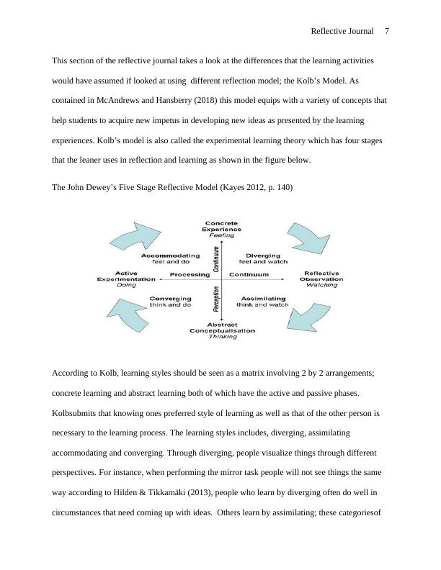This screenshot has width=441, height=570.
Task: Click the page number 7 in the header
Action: [x=387, y=31]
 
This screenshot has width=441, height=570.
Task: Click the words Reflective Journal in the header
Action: [x=342, y=31]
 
